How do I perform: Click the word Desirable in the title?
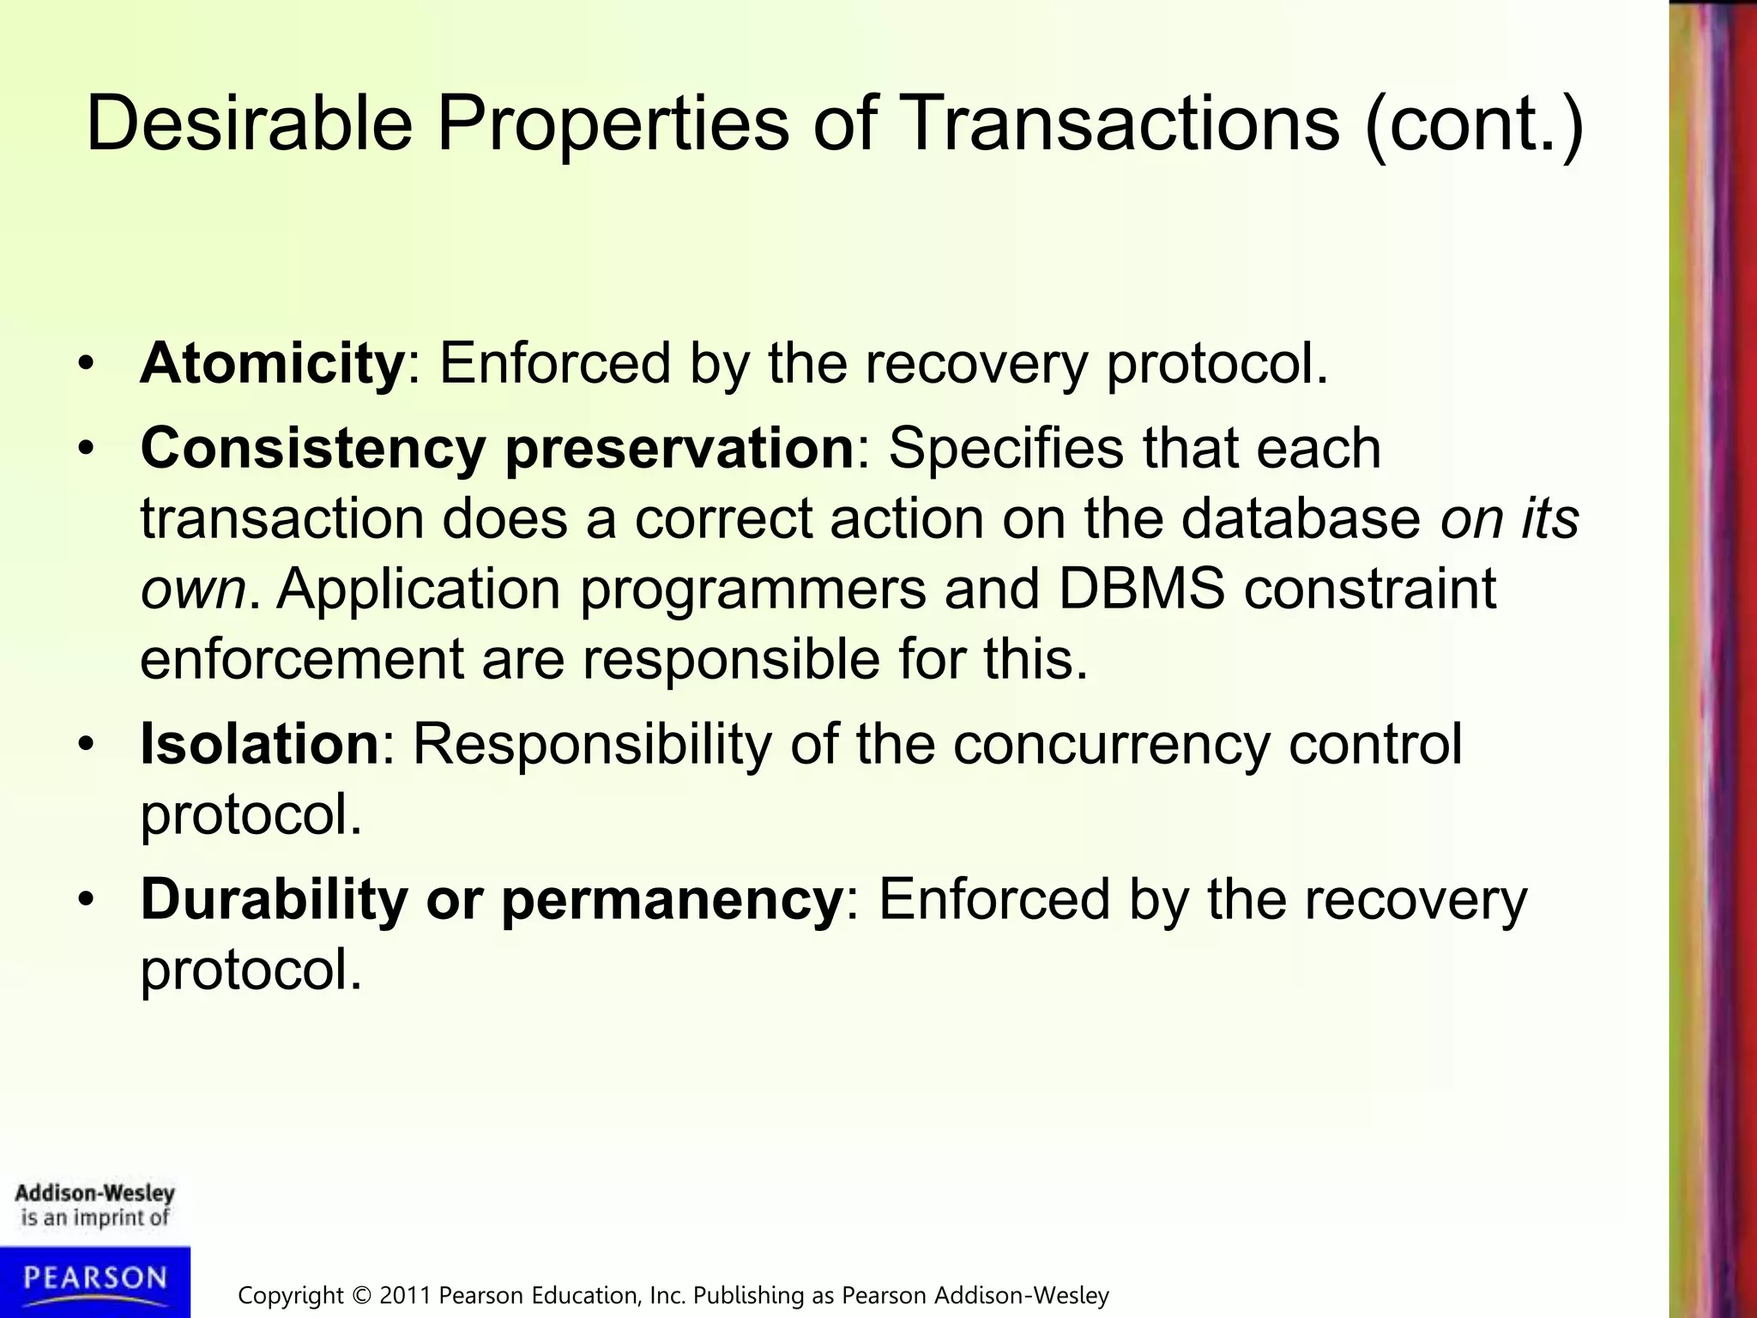click(x=249, y=124)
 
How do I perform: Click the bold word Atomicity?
click(x=272, y=363)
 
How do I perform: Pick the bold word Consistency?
click(x=312, y=450)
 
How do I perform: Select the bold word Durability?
click(x=274, y=900)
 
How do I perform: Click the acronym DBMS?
click(x=1140, y=589)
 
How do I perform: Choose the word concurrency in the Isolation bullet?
click(x=1111, y=745)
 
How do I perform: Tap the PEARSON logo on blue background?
click(x=94, y=1279)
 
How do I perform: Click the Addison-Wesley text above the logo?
click(x=94, y=1194)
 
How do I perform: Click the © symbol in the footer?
click(x=362, y=1295)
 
